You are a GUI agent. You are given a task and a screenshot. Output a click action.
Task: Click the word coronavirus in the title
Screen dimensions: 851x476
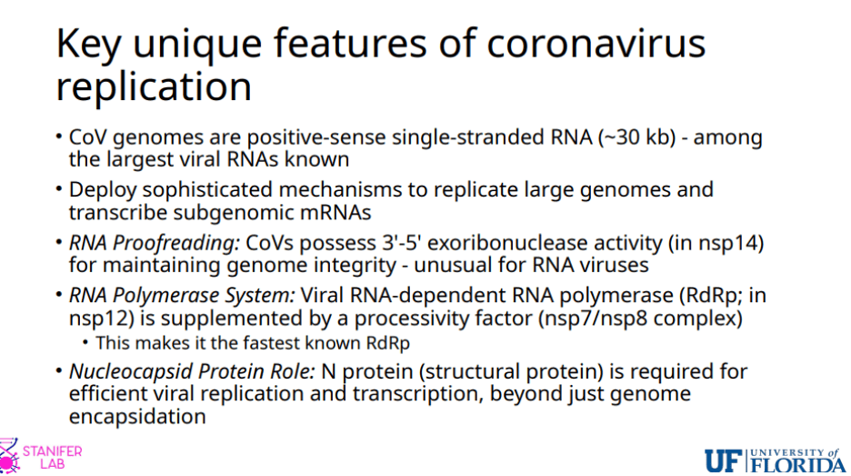[x=596, y=44]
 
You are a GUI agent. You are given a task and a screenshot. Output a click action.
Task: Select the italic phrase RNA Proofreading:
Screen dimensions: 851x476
[x=155, y=243]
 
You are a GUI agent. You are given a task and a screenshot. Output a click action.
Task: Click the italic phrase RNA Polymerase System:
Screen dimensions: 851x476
[x=182, y=296]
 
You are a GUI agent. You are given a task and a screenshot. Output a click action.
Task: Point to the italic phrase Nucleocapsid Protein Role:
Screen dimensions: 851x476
[x=192, y=371]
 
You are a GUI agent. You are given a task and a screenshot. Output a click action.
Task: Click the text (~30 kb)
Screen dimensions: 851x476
[x=636, y=137]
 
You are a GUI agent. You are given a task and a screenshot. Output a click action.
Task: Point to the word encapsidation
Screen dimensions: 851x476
[x=137, y=416]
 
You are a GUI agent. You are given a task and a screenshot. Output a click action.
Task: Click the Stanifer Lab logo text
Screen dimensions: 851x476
[x=52, y=458]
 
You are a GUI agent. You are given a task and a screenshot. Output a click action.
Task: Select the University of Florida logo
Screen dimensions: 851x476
[x=775, y=461]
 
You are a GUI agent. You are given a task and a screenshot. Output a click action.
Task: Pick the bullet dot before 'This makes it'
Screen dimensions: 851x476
[x=85, y=343]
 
